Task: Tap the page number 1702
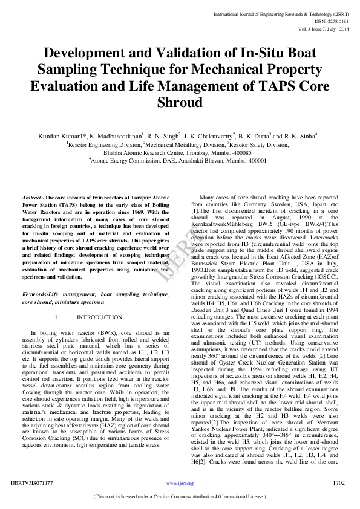coord(338,484)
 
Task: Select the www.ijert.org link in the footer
coord(180,484)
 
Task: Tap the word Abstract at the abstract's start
coord(33,198)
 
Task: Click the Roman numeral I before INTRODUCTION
coord(56,317)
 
